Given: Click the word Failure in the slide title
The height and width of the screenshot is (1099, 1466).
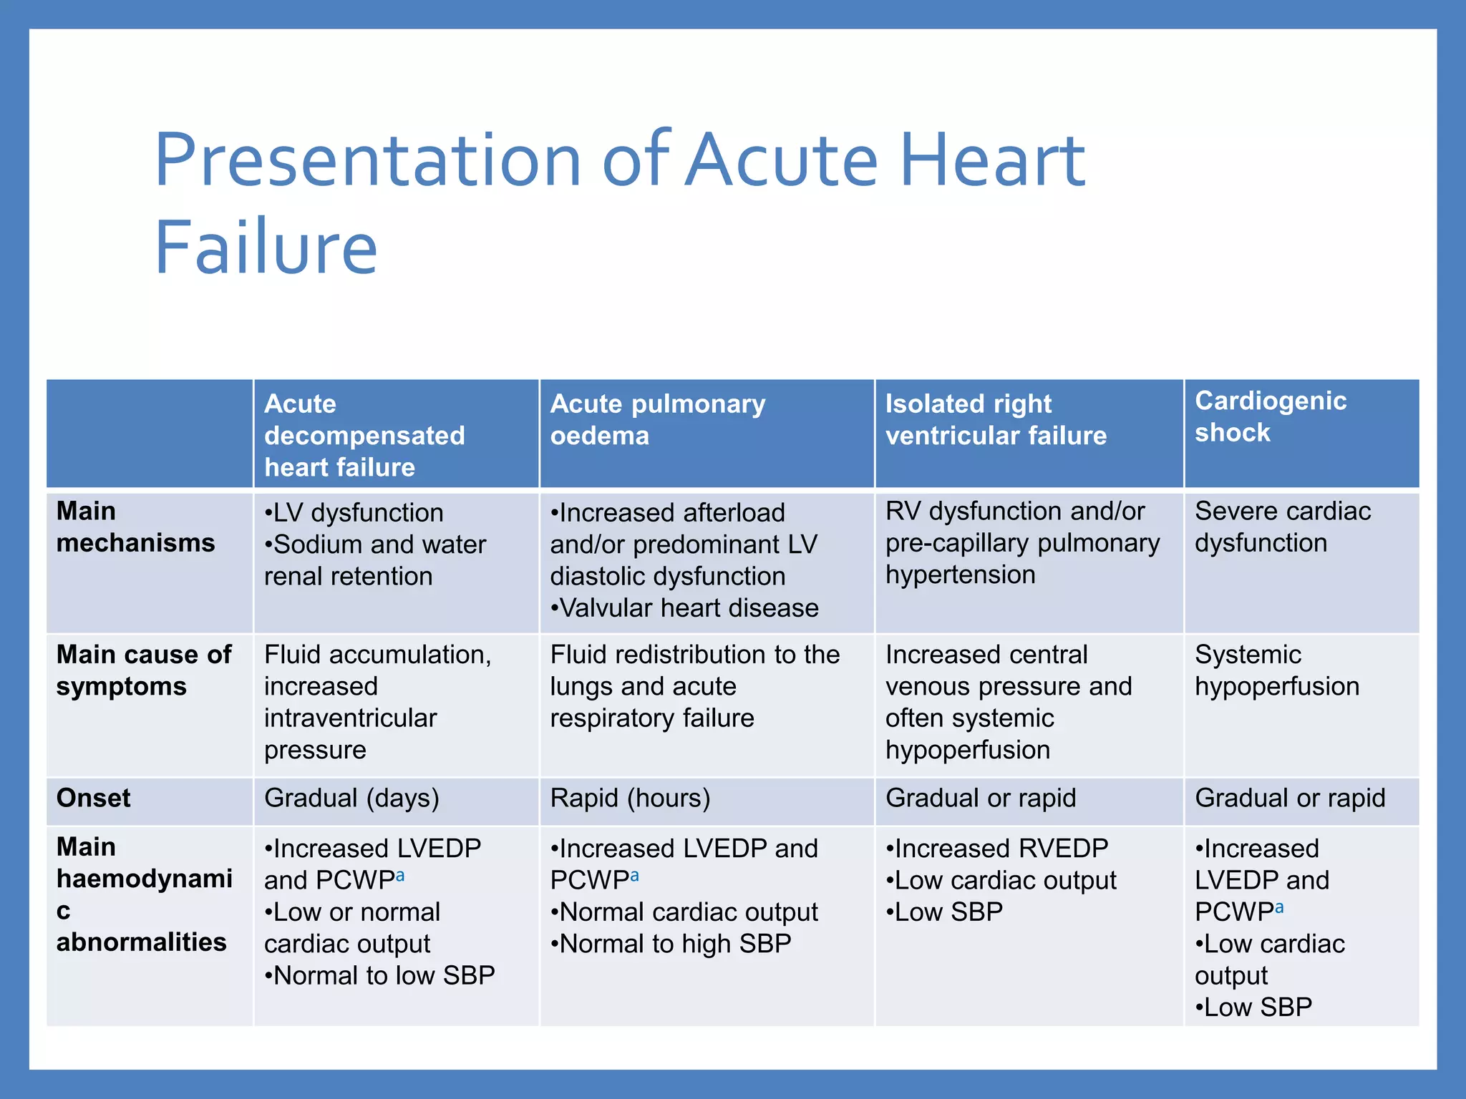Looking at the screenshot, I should click(x=266, y=248).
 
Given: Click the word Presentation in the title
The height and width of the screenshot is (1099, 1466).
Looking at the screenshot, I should click(x=368, y=160).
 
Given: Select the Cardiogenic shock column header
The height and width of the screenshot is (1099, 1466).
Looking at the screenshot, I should click(x=1271, y=416).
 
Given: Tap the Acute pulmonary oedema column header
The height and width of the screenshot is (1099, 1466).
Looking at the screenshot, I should click(x=657, y=419).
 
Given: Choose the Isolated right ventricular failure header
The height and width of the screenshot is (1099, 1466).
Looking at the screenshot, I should click(x=996, y=419).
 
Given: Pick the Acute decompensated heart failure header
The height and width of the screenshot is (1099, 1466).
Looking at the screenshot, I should click(x=364, y=435).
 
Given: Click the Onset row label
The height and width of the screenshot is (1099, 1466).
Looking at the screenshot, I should click(x=94, y=798).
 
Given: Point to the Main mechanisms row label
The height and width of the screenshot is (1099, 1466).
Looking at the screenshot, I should click(x=135, y=527).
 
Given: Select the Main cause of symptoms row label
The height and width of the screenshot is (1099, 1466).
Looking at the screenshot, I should click(x=144, y=670).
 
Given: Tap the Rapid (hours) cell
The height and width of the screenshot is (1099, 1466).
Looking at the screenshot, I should click(x=630, y=798).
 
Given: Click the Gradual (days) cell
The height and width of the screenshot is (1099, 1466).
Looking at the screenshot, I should click(x=351, y=798).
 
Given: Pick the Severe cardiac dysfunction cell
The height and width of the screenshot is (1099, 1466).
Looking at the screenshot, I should click(x=1282, y=527).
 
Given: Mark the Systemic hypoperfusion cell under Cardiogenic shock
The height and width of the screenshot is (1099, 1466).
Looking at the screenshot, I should click(x=1276, y=670).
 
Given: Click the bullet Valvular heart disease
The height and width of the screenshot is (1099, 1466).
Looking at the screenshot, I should click(x=685, y=608).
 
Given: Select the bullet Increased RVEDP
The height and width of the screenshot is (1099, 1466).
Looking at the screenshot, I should click(x=997, y=849).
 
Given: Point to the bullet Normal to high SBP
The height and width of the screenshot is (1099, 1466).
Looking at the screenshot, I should click(x=671, y=944).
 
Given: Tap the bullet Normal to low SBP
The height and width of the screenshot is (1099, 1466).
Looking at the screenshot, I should click(x=380, y=976).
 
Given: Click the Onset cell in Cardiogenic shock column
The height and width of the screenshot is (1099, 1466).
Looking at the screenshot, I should click(x=1290, y=798).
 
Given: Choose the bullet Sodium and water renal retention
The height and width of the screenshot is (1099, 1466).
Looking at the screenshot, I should click(x=375, y=560).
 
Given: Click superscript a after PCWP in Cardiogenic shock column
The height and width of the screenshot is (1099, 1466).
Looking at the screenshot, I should click(x=1279, y=907).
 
